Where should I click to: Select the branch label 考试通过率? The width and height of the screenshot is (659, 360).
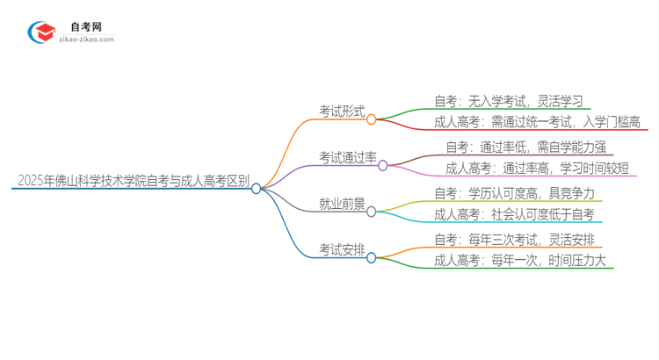(x=347, y=157)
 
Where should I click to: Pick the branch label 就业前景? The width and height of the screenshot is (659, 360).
(x=342, y=204)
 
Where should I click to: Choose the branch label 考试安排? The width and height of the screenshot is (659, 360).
(x=342, y=250)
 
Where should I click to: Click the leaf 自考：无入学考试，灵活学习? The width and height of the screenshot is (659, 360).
(x=508, y=101)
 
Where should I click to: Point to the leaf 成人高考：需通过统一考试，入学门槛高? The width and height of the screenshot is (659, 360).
(x=537, y=122)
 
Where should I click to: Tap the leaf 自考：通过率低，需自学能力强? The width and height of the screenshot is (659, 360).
(x=525, y=147)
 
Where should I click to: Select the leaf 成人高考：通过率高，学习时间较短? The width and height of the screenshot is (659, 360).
(x=537, y=168)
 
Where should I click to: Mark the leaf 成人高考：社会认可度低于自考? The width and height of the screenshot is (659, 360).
(x=513, y=214)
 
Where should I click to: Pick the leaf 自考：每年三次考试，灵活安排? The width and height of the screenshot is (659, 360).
(x=518, y=239)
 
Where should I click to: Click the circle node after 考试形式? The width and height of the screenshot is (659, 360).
(x=372, y=119)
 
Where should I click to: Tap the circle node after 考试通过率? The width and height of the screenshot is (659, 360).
(x=383, y=166)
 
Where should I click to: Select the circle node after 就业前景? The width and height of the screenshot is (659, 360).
(x=372, y=212)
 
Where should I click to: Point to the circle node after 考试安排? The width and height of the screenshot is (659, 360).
(x=372, y=258)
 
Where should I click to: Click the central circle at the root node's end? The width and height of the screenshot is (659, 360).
(x=257, y=189)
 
